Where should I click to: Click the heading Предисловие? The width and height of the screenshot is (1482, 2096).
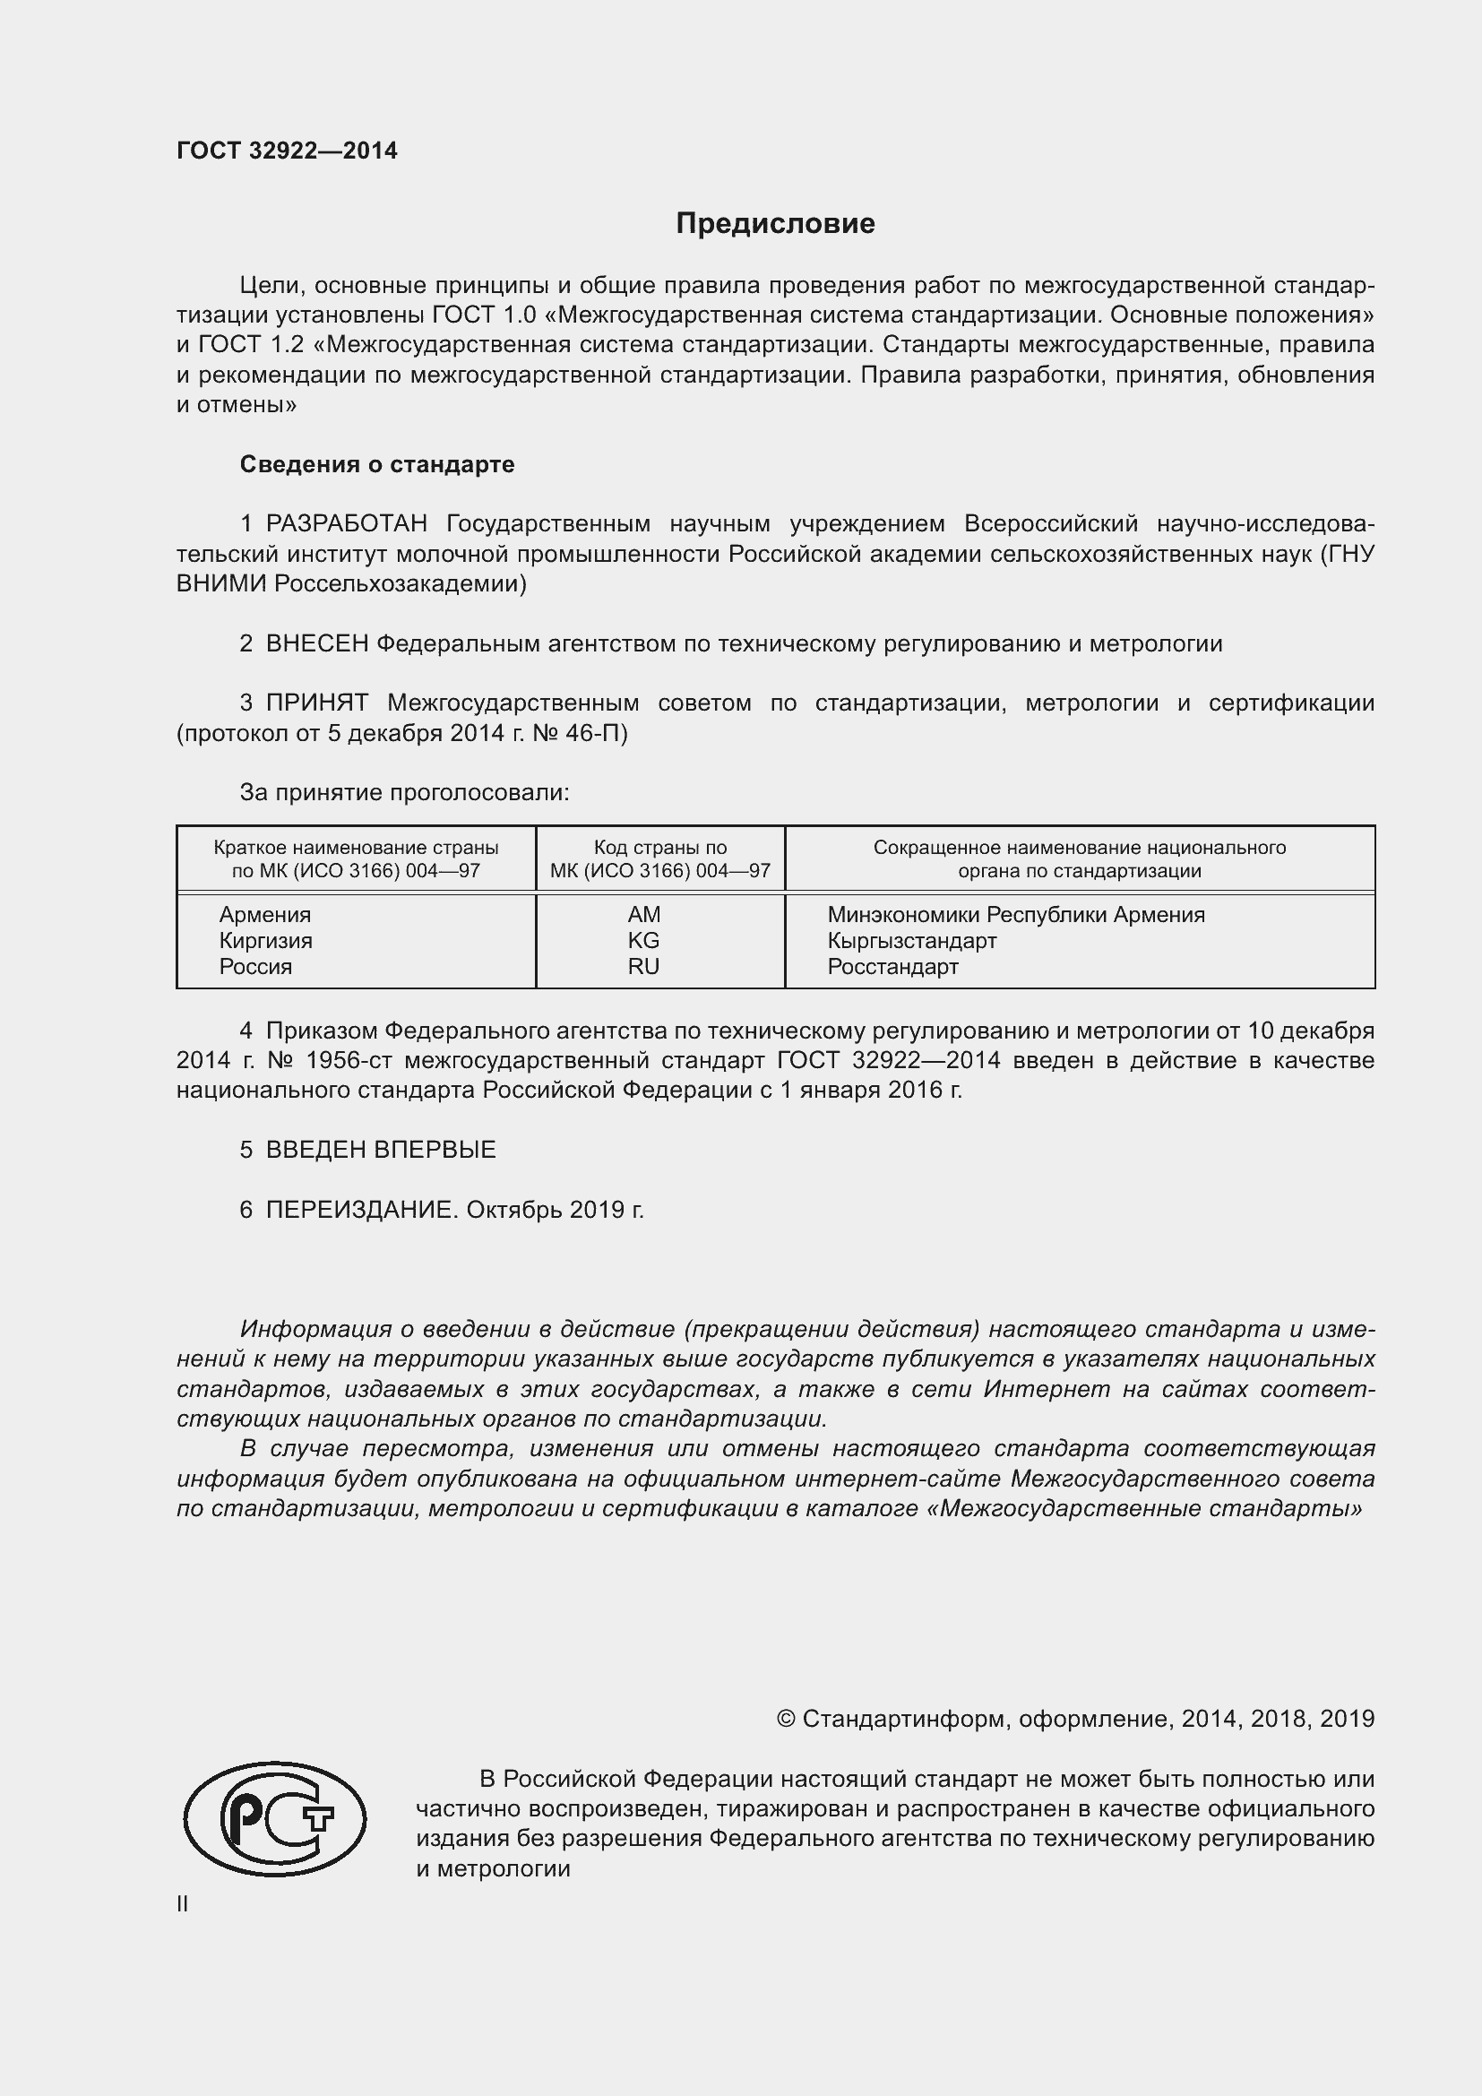(x=775, y=224)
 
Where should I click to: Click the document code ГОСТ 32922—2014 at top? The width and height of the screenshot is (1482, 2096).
(x=287, y=151)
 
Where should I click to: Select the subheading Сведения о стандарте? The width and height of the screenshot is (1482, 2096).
(x=377, y=465)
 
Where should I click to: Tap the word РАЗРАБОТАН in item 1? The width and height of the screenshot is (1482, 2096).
(x=346, y=524)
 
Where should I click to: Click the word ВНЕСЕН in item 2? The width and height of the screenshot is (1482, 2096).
(x=316, y=643)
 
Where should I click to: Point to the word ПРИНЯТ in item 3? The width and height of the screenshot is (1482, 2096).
(x=316, y=703)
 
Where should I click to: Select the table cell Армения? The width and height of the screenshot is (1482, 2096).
(x=264, y=915)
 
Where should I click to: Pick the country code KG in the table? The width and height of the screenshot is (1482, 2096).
(x=643, y=940)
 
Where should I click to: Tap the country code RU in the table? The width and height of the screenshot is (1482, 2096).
(x=643, y=967)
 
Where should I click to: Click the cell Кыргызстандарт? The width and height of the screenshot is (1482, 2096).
(x=911, y=940)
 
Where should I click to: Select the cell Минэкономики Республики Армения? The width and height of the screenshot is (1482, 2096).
(x=1016, y=915)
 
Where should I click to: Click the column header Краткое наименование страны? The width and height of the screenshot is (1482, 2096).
(x=356, y=847)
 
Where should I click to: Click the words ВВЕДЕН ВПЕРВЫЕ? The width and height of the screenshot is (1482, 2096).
(x=381, y=1150)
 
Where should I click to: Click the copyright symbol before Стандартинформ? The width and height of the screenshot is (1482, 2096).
(x=786, y=1719)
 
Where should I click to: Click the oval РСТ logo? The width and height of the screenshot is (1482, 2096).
(x=275, y=1818)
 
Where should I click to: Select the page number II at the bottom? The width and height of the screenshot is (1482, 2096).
(x=183, y=1903)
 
